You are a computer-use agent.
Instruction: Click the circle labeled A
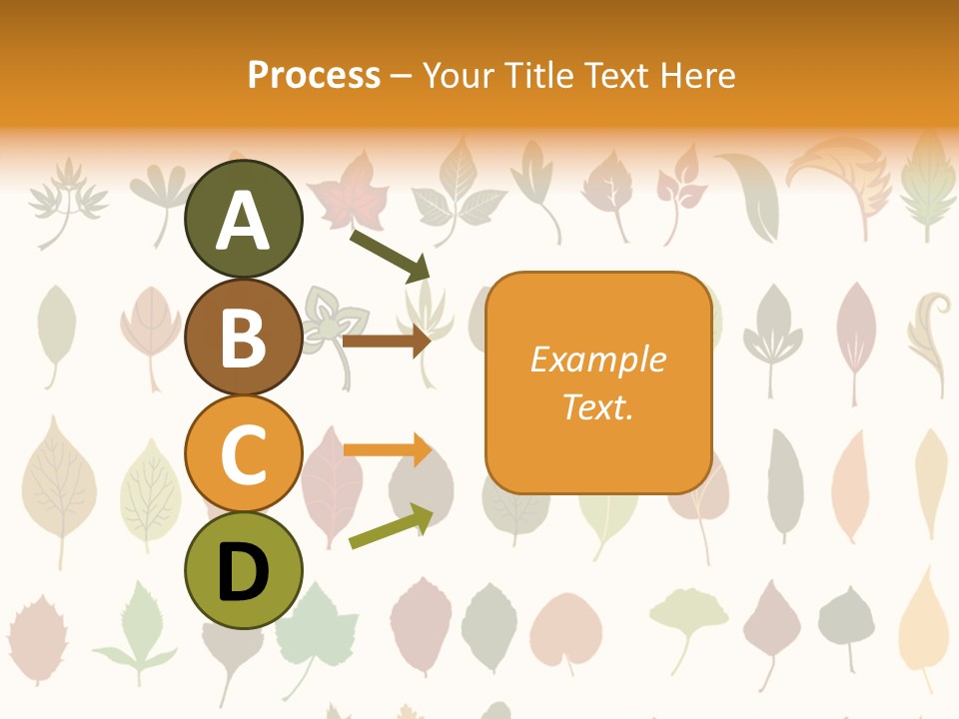point(243,219)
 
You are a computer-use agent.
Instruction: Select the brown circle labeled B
point(243,337)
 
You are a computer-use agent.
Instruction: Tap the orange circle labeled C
point(243,453)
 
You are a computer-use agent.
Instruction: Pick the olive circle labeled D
point(243,570)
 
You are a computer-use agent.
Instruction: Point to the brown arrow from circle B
point(386,342)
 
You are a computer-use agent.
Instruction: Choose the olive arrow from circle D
point(391,526)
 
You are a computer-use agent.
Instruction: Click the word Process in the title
point(314,76)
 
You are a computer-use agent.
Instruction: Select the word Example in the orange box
point(597,359)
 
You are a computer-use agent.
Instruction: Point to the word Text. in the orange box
point(597,406)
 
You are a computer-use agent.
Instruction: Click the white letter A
point(243,221)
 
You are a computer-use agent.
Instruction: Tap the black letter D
point(243,572)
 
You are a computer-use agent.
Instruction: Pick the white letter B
point(243,338)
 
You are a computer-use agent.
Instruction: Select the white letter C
point(243,454)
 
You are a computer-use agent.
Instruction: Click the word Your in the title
point(460,76)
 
